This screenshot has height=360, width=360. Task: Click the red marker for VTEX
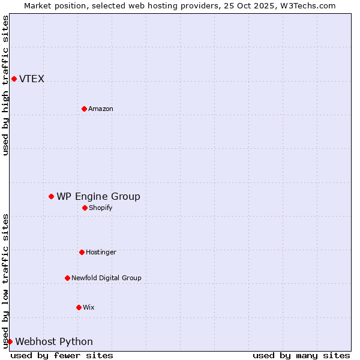point(14,79)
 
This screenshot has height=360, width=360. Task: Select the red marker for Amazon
point(84,109)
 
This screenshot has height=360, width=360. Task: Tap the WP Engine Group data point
point(51,196)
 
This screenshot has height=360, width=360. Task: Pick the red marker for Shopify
point(85,208)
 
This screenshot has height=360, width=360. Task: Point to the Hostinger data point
point(82,252)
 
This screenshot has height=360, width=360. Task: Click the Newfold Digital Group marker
point(67,278)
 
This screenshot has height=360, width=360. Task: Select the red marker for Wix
point(79,307)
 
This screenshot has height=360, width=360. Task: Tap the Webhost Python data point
point(10,341)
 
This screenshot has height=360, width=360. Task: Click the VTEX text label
point(32,79)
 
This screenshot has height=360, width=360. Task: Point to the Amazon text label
point(101,109)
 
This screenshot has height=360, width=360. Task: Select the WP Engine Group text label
point(98,196)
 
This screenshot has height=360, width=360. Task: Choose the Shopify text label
point(100,208)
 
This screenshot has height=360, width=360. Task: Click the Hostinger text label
point(101,252)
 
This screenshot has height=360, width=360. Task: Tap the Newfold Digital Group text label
point(106,278)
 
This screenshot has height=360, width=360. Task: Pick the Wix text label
point(89,307)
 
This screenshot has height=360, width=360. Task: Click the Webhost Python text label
point(54,341)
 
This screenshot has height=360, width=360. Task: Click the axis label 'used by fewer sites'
point(62,355)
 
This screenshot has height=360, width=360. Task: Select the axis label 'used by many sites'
point(301,355)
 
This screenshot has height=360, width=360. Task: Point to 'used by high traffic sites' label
point(5,85)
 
